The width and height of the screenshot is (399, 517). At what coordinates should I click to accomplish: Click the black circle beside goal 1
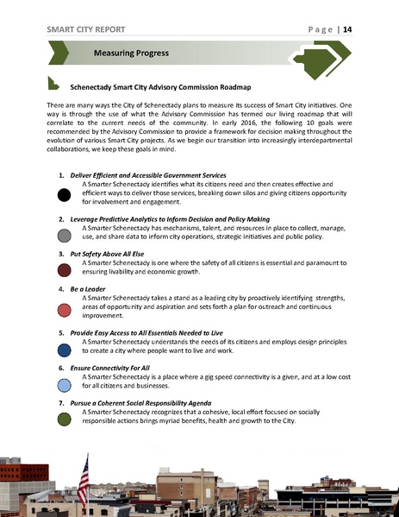64,195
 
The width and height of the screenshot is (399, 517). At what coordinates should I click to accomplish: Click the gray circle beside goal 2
64,235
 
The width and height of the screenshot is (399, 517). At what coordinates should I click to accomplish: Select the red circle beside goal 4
64,310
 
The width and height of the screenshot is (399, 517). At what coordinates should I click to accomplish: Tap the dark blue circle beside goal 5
64,350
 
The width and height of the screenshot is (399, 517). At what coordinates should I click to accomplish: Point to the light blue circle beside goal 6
64,384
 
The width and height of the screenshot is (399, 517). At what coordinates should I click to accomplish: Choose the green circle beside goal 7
64,419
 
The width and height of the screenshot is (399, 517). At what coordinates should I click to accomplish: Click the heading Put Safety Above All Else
111,254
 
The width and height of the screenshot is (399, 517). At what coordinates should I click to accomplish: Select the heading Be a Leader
90,289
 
